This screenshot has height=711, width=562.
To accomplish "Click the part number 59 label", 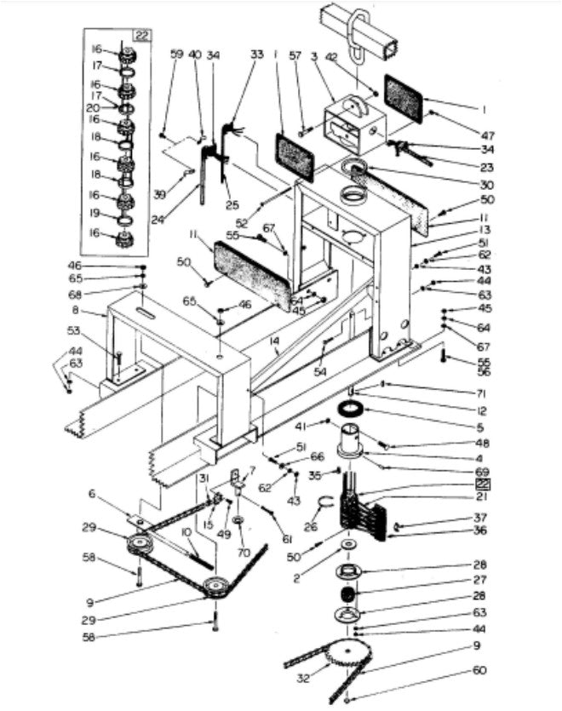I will tap(176, 54).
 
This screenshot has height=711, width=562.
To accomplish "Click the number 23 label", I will tap(487, 168).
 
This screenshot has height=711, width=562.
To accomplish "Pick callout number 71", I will tap(481, 393).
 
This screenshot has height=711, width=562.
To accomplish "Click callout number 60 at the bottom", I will tap(479, 670).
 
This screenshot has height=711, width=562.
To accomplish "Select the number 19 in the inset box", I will tap(97, 213).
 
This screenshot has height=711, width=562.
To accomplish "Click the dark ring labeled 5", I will tap(349, 412).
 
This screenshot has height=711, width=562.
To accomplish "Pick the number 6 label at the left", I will tap(92, 494).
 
